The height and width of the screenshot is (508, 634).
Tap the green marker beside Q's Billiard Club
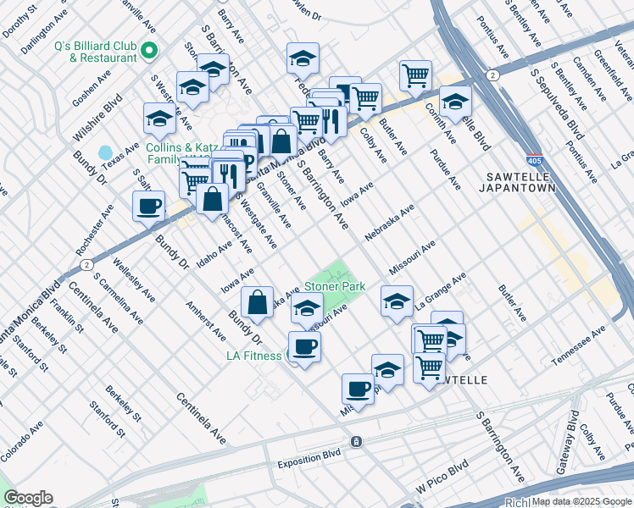pyautogui.click(x=149, y=52)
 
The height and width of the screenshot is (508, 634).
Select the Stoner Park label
pyautogui.click(x=335, y=286)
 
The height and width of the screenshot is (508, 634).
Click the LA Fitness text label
pyautogui.click(x=253, y=356)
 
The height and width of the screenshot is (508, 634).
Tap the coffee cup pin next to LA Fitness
pyautogui.click(x=304, y=347)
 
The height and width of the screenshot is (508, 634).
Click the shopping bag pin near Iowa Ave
pyautogui.click(x=256, y=302)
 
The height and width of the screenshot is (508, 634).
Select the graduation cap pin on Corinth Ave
pyautogui.click(x=455, y=102)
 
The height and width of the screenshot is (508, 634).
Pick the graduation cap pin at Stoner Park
pyautogui.click(x=307, y=309)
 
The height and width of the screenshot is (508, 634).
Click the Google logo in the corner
pyautogui.click(x=28, y=498)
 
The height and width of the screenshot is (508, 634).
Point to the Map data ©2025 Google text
pyautogui.click(x=581, y=501)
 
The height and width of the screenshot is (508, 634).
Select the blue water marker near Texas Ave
pyautogui.click(x=105, y=153)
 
